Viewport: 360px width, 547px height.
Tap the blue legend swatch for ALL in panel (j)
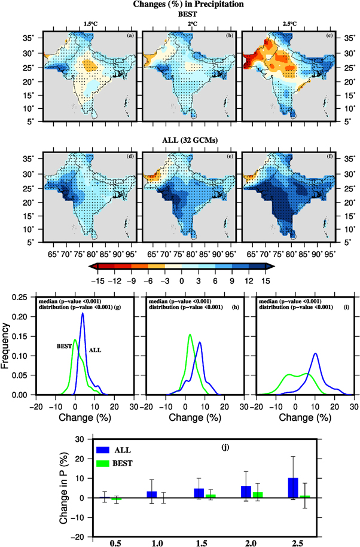tap(102, 450)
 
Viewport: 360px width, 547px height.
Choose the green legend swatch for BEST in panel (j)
tap(102, 462)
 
